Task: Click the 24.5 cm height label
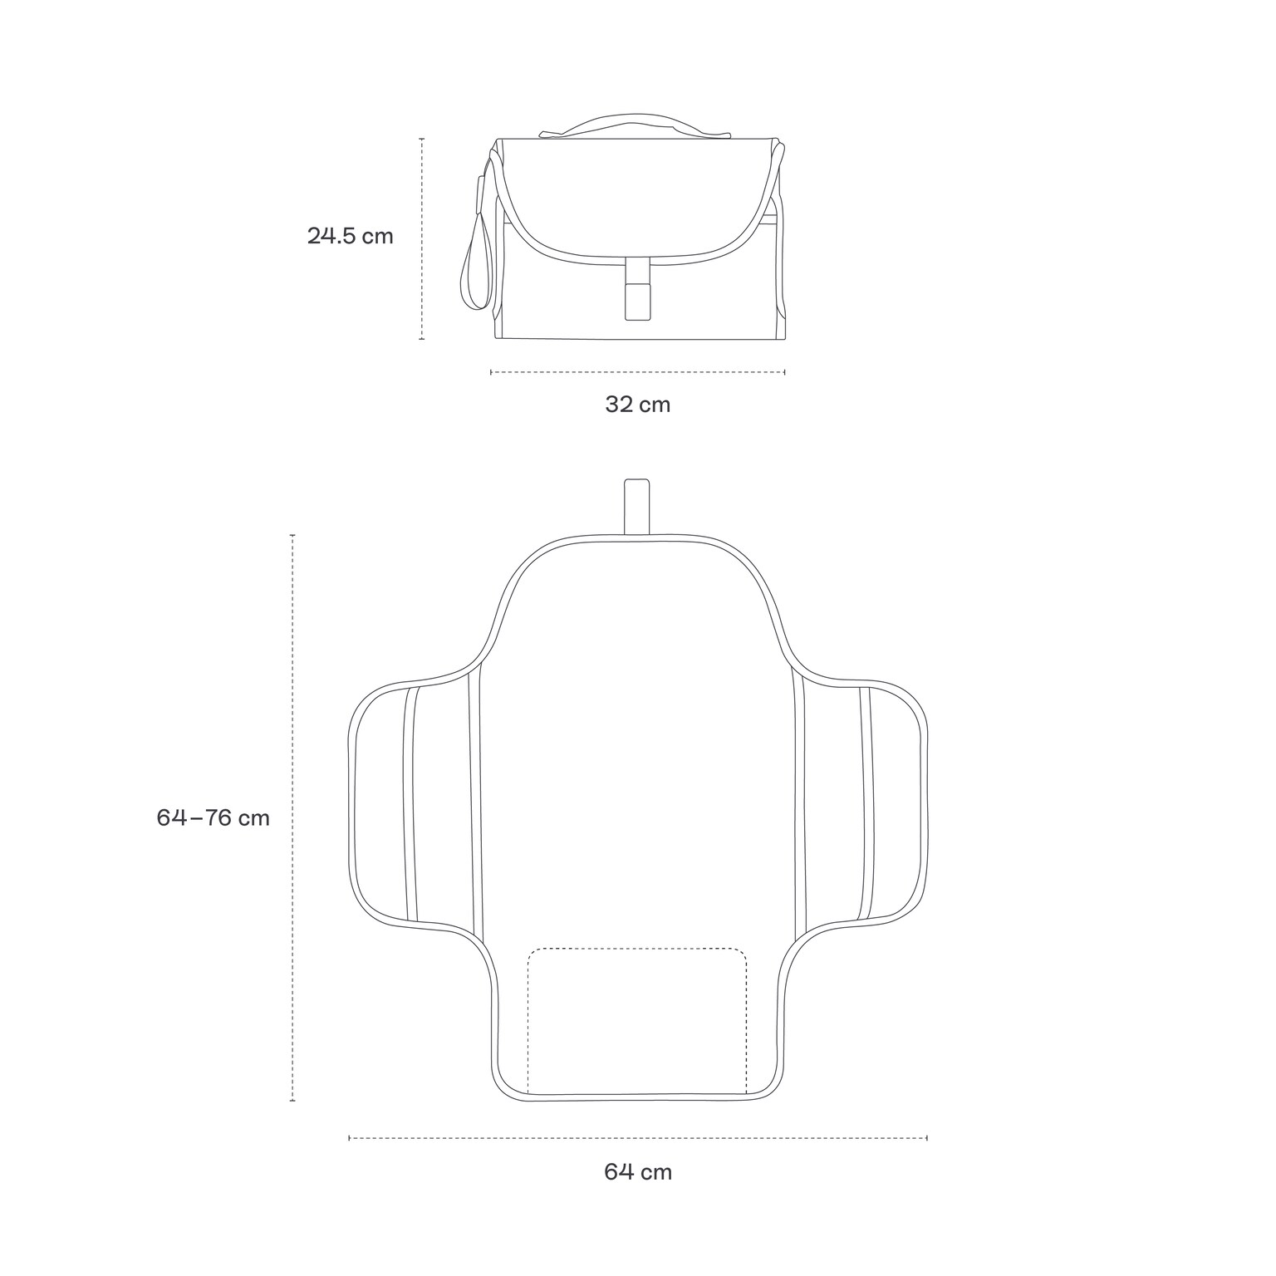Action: [350, 236]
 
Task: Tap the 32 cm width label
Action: [637, 405]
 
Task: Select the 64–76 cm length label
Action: [213, 817]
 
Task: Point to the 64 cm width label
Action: [637, 1172]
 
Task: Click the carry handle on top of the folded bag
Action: [636, 124]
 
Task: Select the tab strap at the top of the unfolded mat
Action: [636, 507]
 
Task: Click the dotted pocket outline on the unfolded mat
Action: [637, 1022]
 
